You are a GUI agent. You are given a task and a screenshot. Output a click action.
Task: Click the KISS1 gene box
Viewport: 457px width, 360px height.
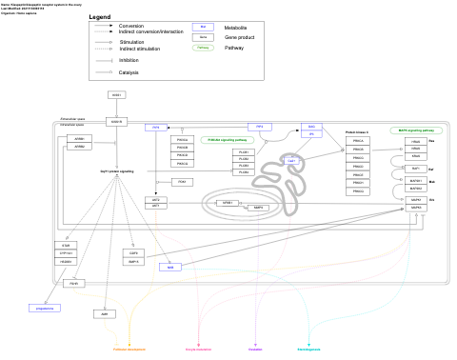coord(117,95)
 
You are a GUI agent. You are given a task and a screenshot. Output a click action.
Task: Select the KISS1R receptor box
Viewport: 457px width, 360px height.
coord(117,122)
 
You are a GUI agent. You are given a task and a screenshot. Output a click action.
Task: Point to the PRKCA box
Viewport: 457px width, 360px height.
coord(358,140)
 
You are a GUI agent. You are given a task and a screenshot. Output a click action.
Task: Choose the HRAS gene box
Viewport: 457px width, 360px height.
coord(415,141)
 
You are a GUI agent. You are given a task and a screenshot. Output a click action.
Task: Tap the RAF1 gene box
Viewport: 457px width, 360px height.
coord(415,168)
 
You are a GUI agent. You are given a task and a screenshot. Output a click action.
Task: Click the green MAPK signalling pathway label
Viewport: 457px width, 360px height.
coord(415,130)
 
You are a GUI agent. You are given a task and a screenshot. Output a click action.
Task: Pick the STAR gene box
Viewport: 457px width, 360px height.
coord(65,246)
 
